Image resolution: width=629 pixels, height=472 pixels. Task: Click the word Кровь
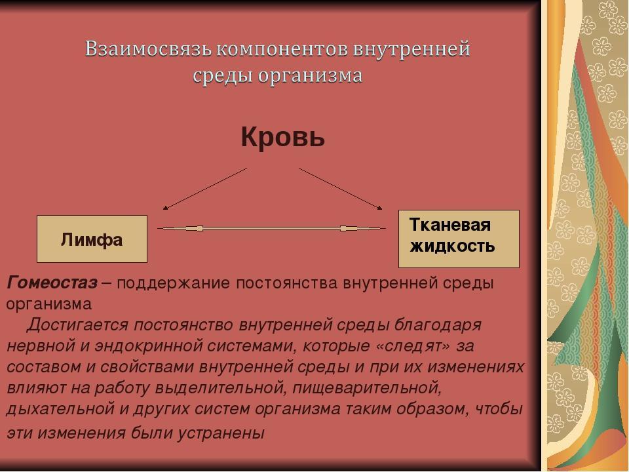(x=283, y=137)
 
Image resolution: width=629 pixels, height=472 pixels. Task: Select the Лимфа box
(x=92, y=239)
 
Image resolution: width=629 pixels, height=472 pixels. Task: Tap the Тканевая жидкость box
(x=459, y=239)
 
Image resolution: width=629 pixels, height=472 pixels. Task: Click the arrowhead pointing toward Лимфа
(x=165, y=208)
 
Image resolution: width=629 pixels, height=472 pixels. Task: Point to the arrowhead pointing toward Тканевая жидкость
(x=380, y=208)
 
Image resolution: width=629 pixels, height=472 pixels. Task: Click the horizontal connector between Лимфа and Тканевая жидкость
(x=271, y=229)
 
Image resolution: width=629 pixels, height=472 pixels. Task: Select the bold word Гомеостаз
(x=52, y=283)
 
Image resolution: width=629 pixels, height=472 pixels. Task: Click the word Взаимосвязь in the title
(x=149, y=49)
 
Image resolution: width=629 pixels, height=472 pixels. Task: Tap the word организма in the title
(x=310, y=75)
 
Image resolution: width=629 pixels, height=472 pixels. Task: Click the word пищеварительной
(x=367, y=388)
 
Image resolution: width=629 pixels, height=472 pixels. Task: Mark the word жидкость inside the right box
(x=452, y=246)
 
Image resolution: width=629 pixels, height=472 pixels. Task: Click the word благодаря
(x=438, y=324)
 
